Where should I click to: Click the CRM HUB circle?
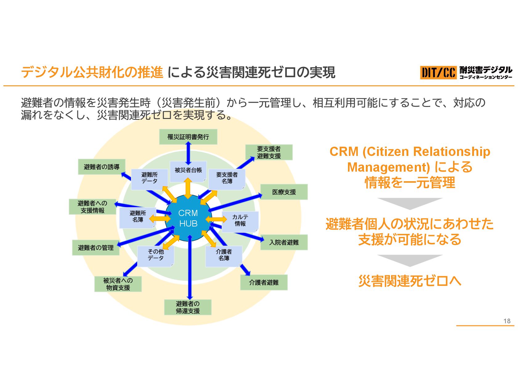coord(188,218)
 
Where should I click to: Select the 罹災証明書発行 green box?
coord(188,137)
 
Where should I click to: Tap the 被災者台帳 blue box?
coord(188,170)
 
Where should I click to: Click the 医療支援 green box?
coord(284,192)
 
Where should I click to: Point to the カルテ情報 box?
coord(240,221)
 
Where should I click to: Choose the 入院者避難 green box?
coord(284,242)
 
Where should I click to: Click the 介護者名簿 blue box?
coord(224,255)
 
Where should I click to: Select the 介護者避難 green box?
coord(264,282)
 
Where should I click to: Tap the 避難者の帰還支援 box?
coord(188,307)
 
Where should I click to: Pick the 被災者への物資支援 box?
coord(118,284)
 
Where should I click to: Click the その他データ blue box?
coord(156,255)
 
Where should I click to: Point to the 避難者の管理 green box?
coord(96,248)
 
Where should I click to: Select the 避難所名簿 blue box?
coord(137,217)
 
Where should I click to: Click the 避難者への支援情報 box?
coord(92,207)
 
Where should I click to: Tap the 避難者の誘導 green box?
coord(101,167)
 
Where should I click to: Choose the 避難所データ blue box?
coord(149,178)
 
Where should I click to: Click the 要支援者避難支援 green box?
coord(269,153)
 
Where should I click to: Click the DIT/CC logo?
coord(438,73)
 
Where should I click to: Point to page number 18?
coord(507,321)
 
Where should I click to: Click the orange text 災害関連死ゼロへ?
coord(410,281)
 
